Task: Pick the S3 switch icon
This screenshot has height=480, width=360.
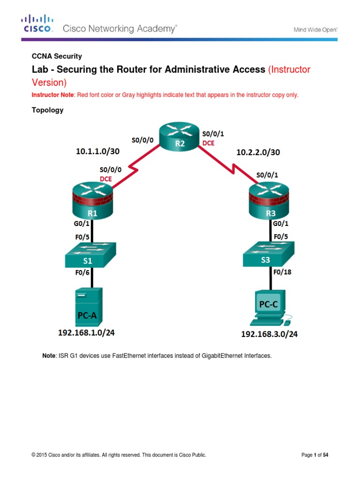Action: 269,255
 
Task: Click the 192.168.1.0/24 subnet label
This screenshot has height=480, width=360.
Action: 86,333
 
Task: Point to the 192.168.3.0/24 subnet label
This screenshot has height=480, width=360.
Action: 270,334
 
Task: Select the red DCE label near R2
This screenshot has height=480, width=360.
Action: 208,143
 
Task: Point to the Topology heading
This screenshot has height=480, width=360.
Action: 47,111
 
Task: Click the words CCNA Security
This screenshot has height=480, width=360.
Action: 57,56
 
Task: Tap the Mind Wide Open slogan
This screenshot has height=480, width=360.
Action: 315,30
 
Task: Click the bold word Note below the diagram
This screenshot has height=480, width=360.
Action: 49,356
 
